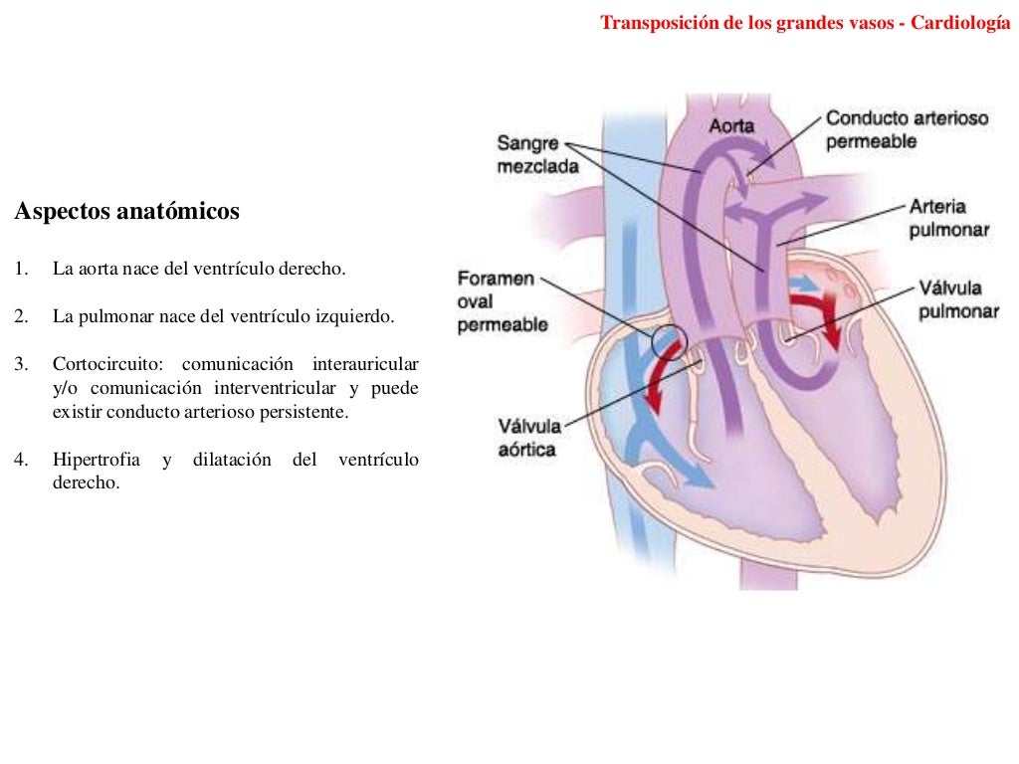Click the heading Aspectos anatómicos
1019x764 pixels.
[x=126, y=212]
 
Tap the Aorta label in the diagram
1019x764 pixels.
[x=731, y=126]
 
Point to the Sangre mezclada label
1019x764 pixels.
[x=536, y=155]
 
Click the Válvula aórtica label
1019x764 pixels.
[x=529, y=438]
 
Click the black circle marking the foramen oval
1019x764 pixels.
[x=670, y=341]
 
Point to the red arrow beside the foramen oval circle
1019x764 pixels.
[x=658, y=383]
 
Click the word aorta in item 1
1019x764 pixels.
[x=95, y=269]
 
